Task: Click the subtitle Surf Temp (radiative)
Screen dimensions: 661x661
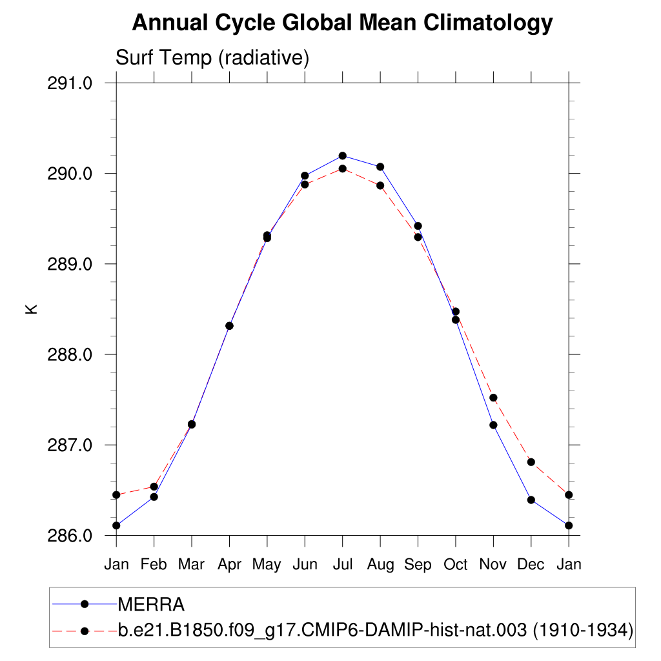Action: click(x=212, y=58)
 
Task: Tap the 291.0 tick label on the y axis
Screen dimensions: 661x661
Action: click(x=70, y=83)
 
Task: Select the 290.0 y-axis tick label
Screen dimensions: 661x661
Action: click(x=70, y=174)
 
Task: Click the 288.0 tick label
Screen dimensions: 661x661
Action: click(x=70, y=354)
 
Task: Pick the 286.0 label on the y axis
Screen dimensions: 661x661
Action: click(x=70, y=536)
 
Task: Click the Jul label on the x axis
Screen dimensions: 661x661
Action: click(x=342, y=564)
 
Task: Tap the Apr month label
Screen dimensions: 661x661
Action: click(x=229, y=564)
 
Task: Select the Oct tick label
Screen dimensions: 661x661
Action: click(x=456, y=564)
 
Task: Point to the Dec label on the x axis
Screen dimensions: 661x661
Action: click(x=531, y=564)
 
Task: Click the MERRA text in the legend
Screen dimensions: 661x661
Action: click(x=151, y=605)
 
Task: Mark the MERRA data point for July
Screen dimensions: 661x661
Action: click(x=343, y=156)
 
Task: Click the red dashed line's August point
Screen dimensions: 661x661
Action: click(x=380, y=185)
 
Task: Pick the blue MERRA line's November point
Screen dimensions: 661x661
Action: click(x=493, y=425)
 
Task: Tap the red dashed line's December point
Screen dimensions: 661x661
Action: click(x=531, y=462)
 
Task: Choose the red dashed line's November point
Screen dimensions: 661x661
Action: click(x=493, y=398)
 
